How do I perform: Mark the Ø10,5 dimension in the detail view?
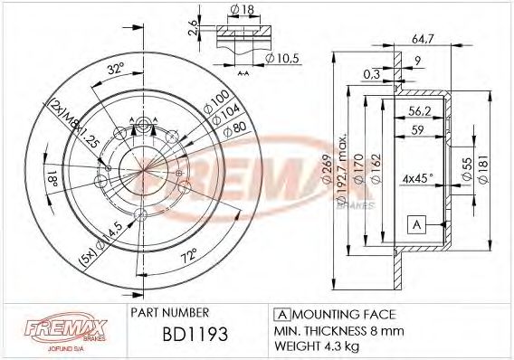tap(282, 59)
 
